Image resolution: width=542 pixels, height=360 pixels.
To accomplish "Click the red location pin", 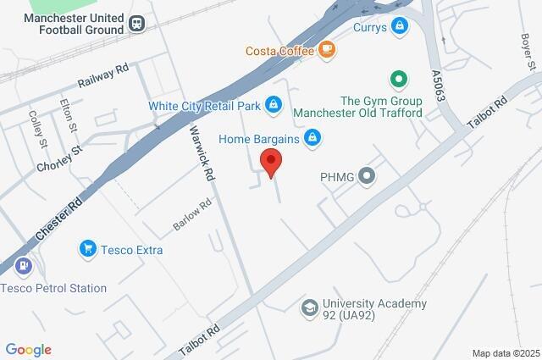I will click(x=270, y=161).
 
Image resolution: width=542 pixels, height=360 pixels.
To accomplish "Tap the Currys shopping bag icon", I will click(x=401, y=27).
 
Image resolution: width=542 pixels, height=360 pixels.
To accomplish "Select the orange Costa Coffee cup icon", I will click(x=326, y=51).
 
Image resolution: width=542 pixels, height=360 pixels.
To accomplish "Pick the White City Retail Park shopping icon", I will click(x=273, y=105).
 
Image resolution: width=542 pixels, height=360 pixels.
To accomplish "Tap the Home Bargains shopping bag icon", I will click(x=312, y=136).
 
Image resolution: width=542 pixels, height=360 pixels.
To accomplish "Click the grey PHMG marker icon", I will click(x=367, y=177).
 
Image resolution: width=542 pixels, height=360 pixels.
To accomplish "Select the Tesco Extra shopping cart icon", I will click(x=87, y=249).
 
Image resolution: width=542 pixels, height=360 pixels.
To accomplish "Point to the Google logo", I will click(x=28, y=349).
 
